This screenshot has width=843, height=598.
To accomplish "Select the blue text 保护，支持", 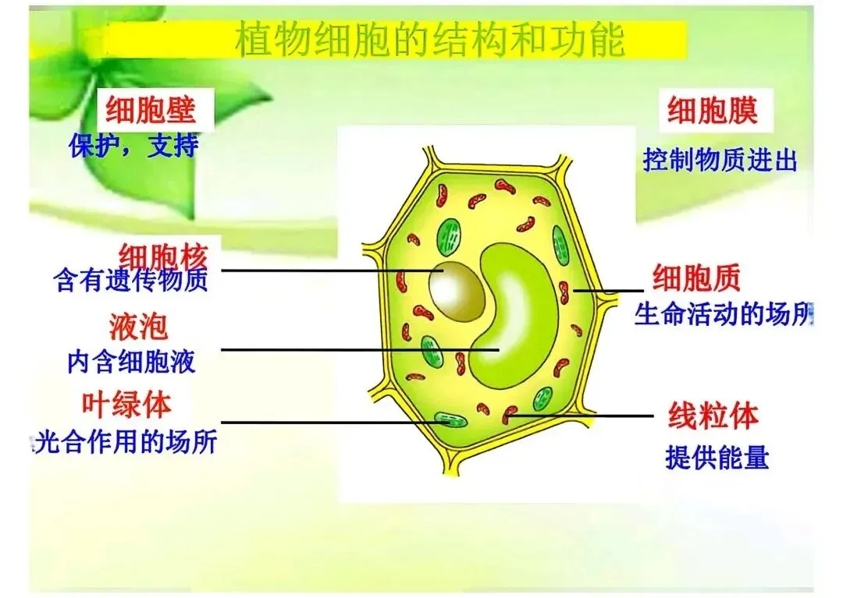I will point(133,146).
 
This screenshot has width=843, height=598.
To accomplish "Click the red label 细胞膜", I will point(711,111).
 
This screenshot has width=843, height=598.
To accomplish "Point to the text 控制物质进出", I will point(720,161).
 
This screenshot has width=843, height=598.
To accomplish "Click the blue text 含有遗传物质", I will point(131,281).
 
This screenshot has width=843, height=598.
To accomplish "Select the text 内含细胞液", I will point(130,362).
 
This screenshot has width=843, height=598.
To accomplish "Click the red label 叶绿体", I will point(126,404).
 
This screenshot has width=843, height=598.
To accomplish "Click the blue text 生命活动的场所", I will point(723,314).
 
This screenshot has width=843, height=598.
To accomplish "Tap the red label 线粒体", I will point(713,416).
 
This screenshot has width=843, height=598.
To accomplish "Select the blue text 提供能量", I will point(717,458).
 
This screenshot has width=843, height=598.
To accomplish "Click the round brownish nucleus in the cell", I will point(456,288).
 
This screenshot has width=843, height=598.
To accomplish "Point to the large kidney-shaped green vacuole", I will point(519,312).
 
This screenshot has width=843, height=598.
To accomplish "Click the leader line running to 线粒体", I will point(585,416).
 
